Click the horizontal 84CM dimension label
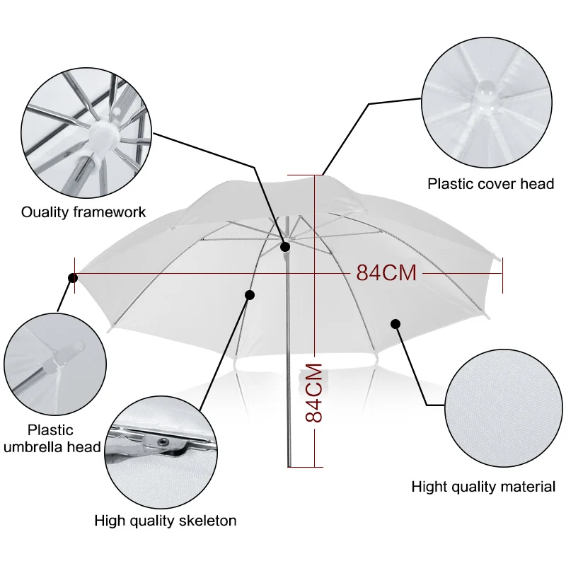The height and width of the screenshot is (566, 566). [386, 272]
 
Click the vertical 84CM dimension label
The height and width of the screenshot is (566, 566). [313, 393]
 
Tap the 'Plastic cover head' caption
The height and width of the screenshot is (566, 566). [490, 184]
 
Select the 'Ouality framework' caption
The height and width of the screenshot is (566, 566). [83, 212]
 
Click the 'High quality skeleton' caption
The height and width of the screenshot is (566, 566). [166, 521]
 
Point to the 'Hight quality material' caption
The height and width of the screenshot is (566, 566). [483, 487]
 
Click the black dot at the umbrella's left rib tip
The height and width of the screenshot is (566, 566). [72, 278]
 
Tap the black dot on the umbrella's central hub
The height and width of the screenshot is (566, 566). [286, 247]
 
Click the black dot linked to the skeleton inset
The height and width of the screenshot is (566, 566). [249, 294]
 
